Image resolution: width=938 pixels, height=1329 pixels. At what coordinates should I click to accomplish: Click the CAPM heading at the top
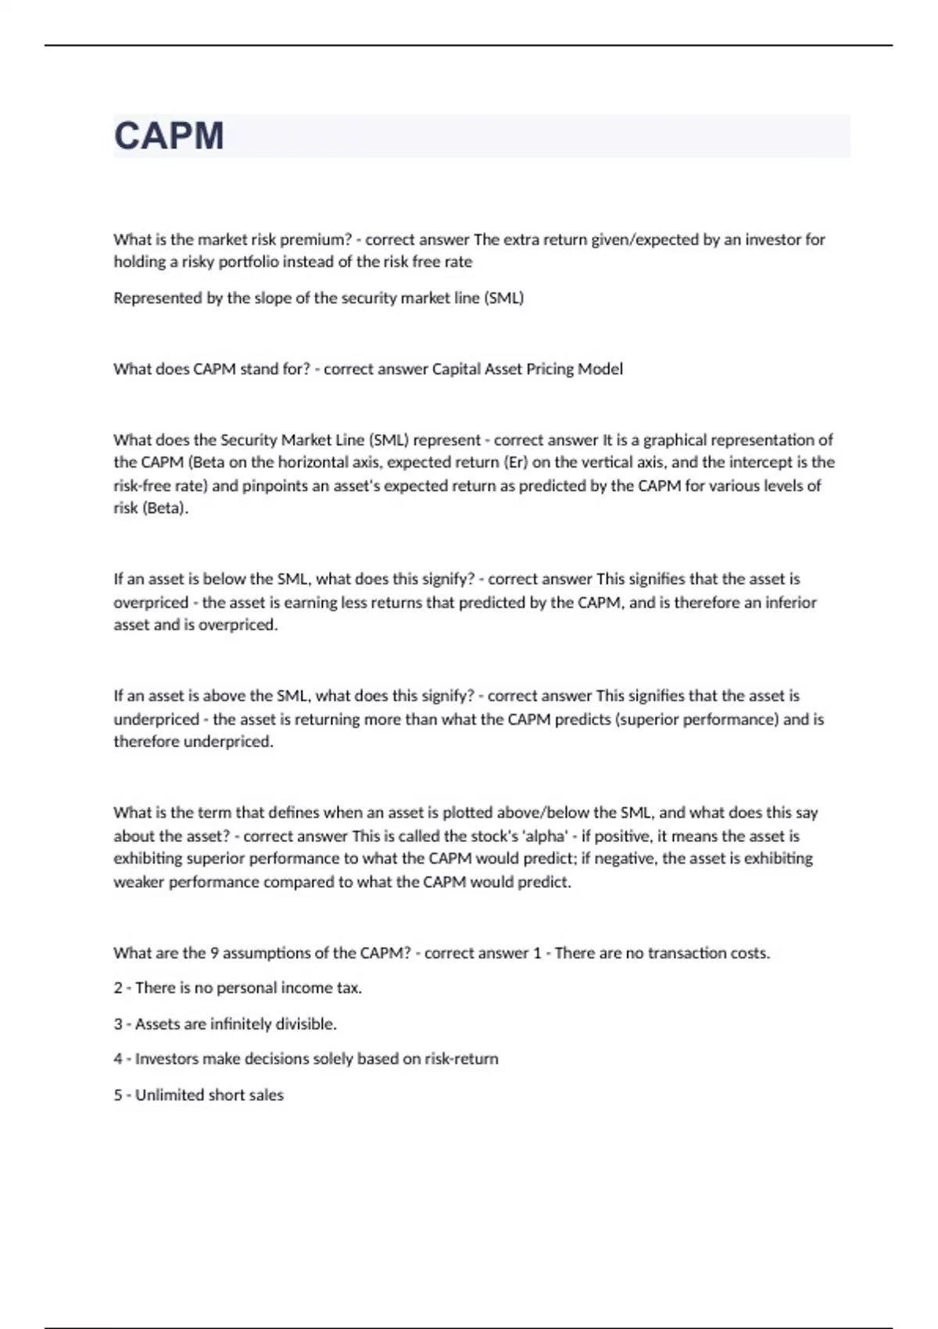169,136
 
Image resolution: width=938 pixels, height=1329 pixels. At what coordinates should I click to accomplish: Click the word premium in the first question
315,239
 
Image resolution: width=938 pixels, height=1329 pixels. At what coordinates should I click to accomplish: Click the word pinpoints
277,485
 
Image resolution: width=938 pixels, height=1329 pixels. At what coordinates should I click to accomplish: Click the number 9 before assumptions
214,953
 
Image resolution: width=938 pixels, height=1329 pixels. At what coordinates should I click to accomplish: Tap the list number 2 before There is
118,988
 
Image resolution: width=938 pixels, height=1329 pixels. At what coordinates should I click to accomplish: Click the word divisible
302,1024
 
